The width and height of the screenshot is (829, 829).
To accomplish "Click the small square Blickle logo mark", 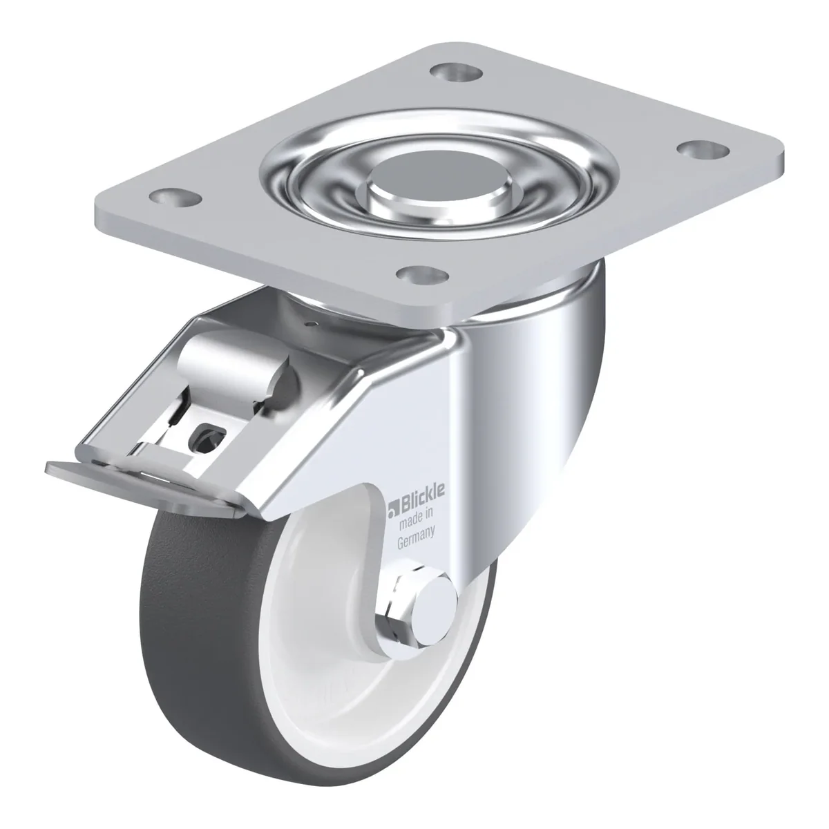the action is pos(393,511).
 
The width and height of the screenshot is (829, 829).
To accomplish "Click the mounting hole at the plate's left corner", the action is pos(175,198).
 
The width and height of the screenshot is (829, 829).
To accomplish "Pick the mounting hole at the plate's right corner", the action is pos(703,150).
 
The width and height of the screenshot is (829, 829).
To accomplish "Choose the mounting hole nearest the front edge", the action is pos(421,274).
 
